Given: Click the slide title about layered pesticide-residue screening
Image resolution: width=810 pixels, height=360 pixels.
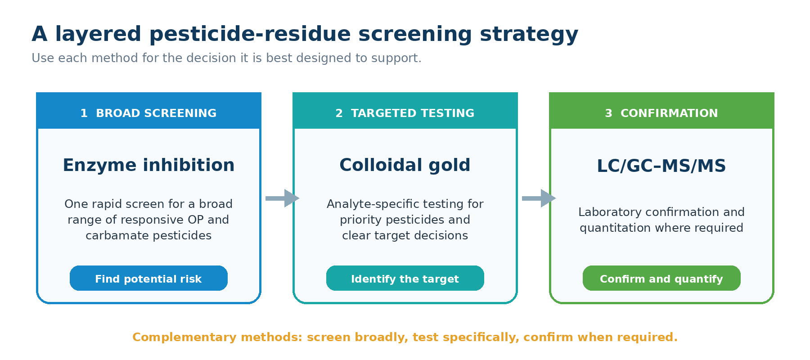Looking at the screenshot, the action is point(305,34).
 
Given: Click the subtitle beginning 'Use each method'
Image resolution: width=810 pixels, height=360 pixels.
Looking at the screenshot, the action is point(226,58).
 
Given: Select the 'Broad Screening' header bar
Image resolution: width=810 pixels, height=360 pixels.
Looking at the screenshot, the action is point(148,111).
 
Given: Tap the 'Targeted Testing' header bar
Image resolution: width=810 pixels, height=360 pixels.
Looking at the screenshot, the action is point(405,111).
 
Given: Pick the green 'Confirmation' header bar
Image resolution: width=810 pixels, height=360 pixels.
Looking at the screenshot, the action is point(661,111).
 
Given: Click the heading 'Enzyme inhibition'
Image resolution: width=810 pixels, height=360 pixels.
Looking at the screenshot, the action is point(148,165).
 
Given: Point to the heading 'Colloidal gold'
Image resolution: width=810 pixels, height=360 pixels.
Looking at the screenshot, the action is point(405,165).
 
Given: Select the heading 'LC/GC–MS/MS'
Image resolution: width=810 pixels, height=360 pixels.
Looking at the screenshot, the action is point(661,166).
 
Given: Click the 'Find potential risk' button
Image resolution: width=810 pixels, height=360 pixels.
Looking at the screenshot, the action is point(148,278).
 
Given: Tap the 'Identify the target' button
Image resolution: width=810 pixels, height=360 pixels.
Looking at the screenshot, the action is point(405,278).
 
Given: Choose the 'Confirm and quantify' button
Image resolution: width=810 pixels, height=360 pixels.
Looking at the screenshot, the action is point(661,278).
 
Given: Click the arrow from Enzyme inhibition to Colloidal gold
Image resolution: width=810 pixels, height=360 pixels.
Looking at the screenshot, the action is point(282,198).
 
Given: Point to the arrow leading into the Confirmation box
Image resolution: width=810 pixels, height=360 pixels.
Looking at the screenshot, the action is point(539,198).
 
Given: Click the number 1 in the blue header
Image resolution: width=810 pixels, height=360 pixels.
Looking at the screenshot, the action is point(84,113).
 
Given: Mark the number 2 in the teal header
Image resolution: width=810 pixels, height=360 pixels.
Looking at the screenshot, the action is point(339,113).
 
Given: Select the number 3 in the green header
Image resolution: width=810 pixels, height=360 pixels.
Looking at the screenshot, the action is point(609,113).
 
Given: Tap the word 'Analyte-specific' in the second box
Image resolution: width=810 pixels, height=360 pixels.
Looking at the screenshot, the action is point(363,204).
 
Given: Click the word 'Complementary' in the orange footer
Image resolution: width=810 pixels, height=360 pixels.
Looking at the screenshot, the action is point(184,337).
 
